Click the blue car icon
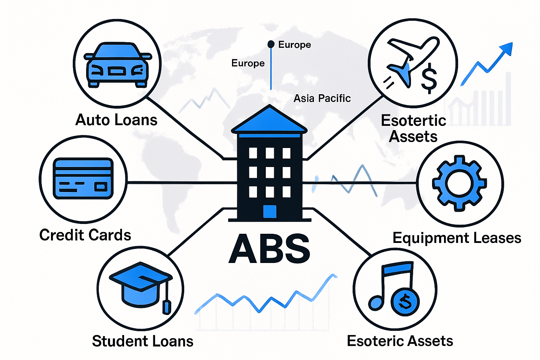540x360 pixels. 117,65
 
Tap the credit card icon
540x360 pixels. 83,179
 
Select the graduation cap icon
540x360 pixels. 140,285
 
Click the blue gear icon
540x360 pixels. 459,184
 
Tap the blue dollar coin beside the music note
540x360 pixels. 405,302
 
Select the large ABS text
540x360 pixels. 269,249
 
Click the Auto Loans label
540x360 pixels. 116,120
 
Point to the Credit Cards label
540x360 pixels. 85,235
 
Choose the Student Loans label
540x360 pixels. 142,341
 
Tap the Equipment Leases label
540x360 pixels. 457,238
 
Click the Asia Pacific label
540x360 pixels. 322,98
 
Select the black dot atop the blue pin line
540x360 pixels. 271,44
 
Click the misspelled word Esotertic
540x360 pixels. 413,121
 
